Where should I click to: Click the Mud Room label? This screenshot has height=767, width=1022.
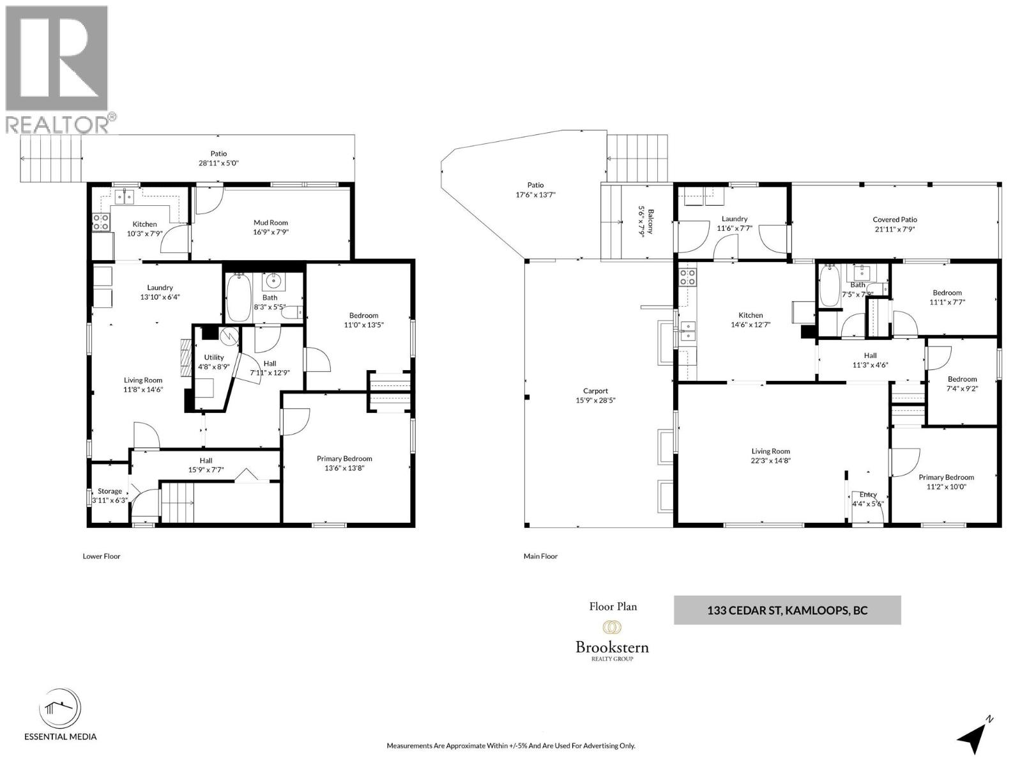(271, 223)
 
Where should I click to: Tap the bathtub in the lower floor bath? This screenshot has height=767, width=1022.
(239, 298)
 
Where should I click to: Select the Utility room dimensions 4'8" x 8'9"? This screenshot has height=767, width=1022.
(213, 367)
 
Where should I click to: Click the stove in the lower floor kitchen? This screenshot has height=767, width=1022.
(101, 222)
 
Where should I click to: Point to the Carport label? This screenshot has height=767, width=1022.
(595, 391)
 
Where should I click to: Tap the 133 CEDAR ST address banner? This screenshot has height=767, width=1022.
(787, 610)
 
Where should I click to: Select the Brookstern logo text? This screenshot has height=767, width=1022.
(612, 647)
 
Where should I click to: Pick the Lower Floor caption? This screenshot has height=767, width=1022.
(102, 556)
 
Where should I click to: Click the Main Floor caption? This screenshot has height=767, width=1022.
(540, 556)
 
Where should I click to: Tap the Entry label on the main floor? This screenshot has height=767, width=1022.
(868, 494)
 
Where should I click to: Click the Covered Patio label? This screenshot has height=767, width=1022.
(895, 220)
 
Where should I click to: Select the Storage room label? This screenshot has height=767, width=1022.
(110, 491)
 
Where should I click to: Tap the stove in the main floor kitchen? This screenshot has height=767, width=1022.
(687, 277)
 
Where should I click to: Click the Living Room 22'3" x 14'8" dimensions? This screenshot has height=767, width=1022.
(770, 460)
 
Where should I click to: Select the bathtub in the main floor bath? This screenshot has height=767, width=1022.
(830, 287)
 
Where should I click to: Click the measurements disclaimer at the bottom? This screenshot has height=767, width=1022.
(511, 746)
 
